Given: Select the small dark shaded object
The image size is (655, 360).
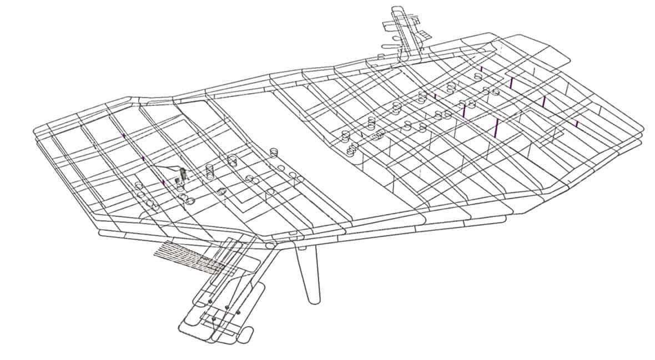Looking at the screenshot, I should (x=182, y=176).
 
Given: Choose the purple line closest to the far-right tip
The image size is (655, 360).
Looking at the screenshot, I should (x=577, y=123).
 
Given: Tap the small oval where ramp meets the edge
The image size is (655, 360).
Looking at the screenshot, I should (x=270, y=244).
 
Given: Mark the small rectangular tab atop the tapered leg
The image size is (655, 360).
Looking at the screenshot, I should (x=301, y=247).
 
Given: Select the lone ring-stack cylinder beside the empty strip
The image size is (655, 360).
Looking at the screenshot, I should (x=273, y=152).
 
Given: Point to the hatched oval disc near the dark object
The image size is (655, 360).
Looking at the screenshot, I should (x=221, y=191).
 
